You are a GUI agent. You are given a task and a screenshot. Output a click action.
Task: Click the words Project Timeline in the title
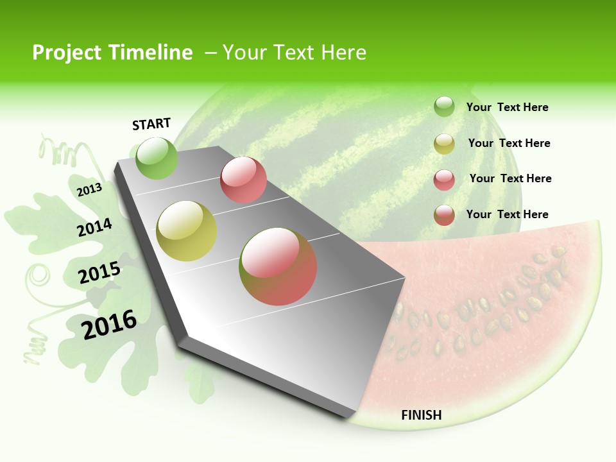112,53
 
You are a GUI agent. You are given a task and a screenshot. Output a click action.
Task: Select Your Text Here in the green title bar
295,53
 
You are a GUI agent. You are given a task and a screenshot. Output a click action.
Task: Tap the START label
151,124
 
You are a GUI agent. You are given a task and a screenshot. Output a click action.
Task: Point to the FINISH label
422,415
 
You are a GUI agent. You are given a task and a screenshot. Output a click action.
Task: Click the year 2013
90,189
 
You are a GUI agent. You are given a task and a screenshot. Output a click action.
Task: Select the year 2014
95,227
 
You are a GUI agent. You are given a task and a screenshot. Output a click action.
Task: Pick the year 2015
99,273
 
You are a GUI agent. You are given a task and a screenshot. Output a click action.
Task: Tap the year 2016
110,324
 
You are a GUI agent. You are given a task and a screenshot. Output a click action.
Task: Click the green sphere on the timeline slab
157,158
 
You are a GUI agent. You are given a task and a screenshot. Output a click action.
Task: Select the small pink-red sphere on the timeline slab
243,180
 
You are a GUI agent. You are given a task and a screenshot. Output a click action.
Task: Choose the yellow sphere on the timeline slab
187,231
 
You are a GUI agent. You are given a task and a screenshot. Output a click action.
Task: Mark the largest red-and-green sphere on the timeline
278,266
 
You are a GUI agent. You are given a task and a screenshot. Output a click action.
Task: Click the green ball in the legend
444,107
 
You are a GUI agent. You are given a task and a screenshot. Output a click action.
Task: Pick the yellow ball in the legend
444,144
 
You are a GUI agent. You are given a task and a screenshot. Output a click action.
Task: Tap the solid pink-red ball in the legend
444,180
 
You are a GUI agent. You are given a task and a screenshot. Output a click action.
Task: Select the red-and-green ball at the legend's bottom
444,215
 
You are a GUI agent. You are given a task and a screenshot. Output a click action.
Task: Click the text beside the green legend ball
508,108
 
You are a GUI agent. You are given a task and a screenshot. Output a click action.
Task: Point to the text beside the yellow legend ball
509,143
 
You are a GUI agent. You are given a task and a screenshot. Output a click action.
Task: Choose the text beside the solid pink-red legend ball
511,178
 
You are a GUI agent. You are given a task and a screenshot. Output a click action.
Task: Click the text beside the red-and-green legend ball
508,214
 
